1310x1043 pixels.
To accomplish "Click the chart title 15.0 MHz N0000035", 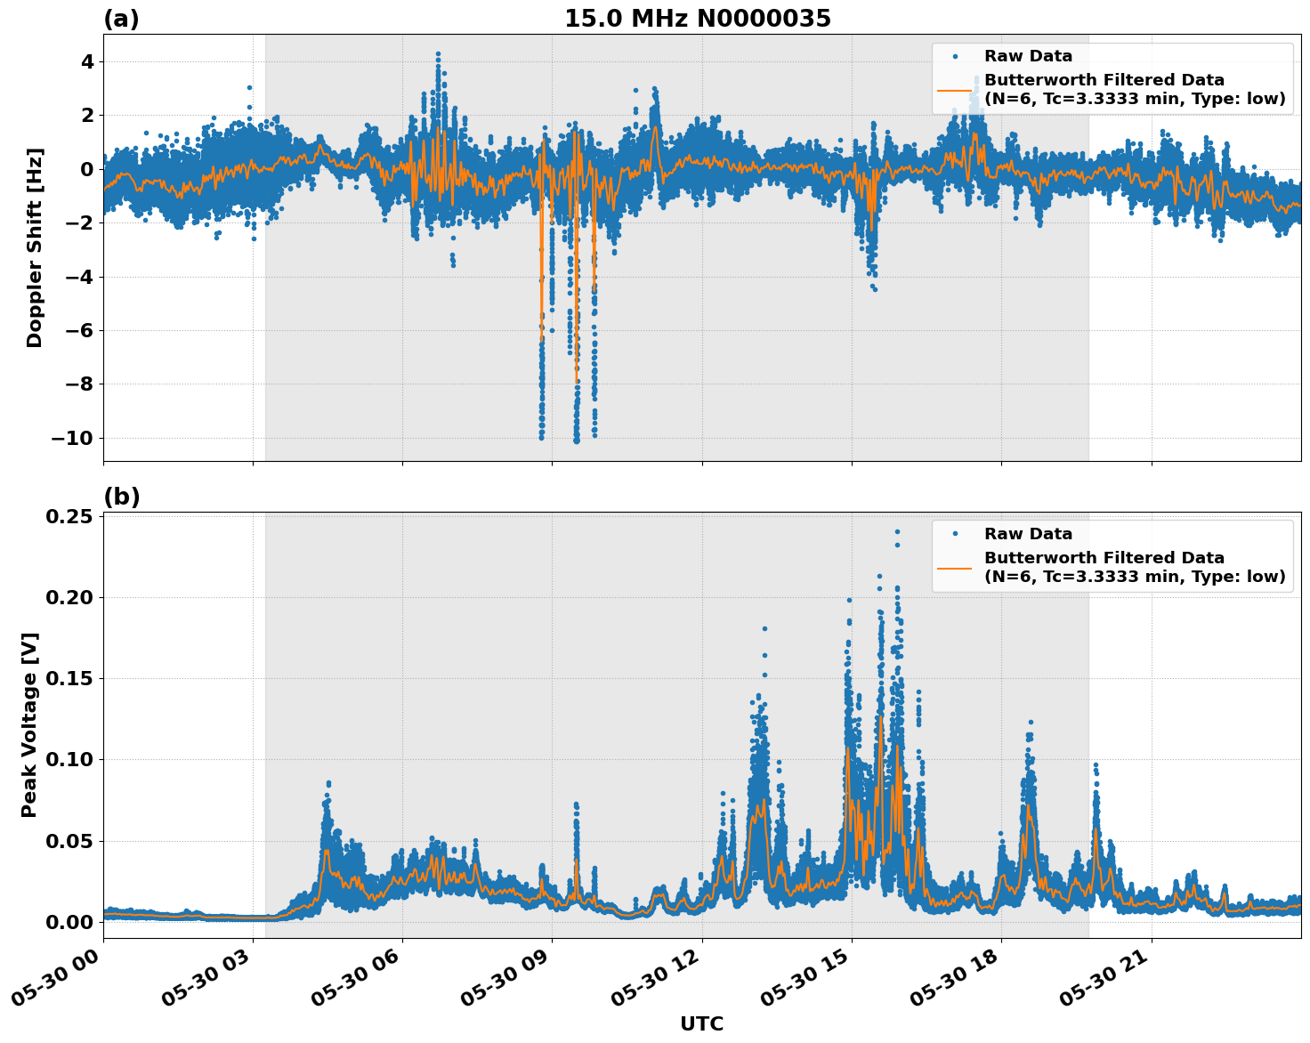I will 697,19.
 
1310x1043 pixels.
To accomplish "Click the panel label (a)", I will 121,19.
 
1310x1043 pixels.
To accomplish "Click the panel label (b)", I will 121,497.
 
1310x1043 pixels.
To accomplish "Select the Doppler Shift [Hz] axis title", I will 34,247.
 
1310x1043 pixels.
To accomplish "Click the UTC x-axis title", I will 701,1023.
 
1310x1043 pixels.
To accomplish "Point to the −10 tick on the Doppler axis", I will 72,438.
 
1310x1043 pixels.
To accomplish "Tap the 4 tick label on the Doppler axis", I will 87,62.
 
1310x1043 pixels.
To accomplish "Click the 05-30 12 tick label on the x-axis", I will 654,983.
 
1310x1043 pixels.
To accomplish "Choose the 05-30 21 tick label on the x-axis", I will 1104,983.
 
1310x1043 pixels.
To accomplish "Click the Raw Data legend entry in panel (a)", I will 1028,56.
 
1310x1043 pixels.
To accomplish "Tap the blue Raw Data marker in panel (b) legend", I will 955,534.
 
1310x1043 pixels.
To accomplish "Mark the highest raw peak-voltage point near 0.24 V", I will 897,531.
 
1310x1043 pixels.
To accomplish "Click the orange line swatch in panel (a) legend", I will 955,89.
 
